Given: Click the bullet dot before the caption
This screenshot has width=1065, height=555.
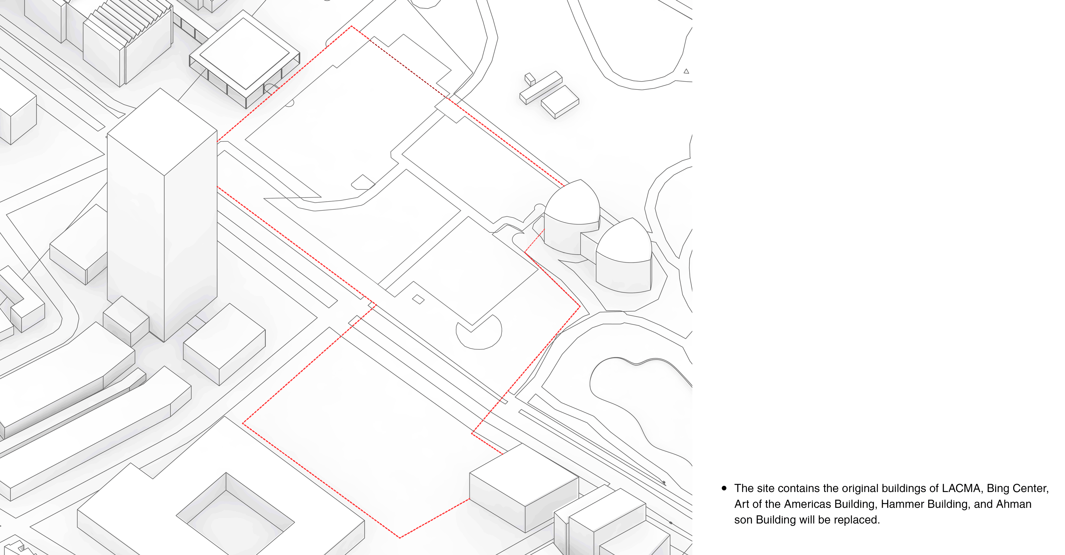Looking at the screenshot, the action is (x=724, y=489).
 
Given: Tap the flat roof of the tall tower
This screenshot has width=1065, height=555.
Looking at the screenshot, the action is (x=162, y=132).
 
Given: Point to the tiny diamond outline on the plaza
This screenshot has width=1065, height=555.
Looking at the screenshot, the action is (x=418, y=299).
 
